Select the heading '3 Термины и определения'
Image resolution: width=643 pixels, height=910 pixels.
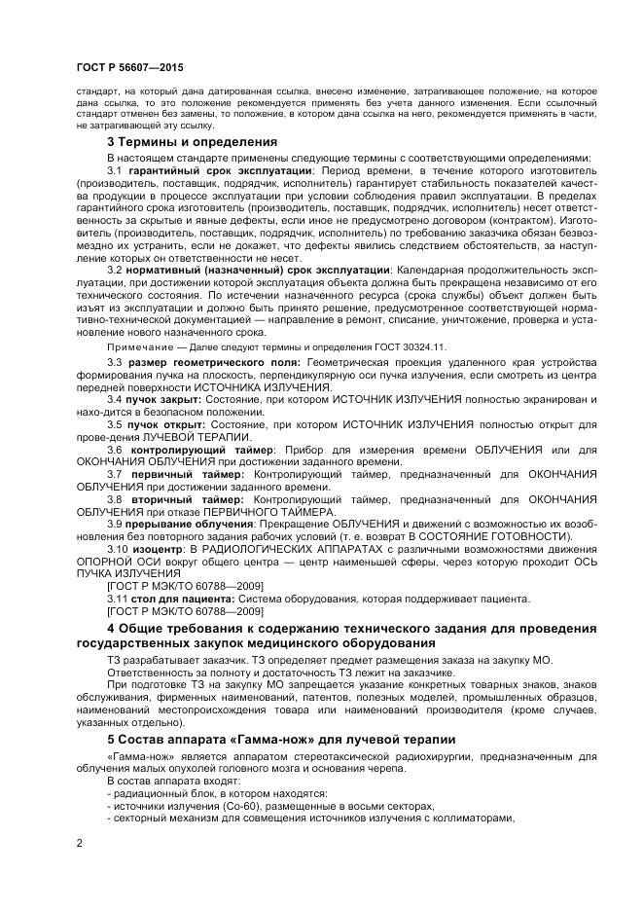(x=192, y=141)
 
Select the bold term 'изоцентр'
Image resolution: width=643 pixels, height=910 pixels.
(x=159, y=549)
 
